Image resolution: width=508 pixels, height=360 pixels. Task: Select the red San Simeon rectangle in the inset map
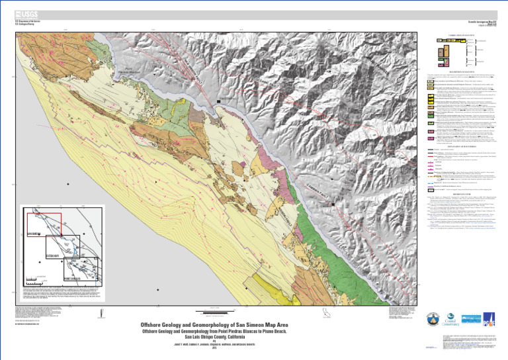(44, 225)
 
